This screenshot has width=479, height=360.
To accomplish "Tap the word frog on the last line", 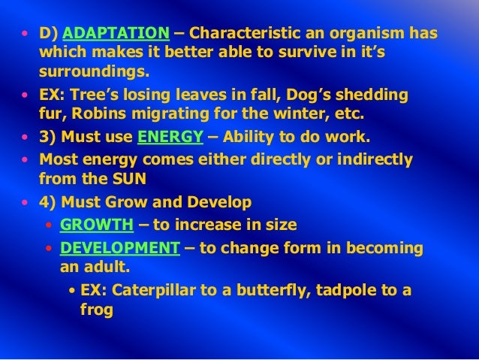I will (96, 310).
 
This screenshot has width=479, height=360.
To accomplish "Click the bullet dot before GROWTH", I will (50, 226).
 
